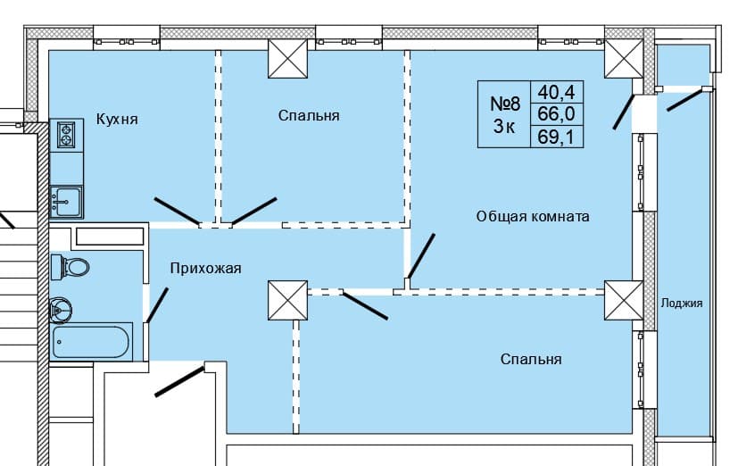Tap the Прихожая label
pos(206,268)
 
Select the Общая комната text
pos(533,216)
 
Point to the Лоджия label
pos(682,303)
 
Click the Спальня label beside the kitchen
pos(309,116)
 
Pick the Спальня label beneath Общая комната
pos(531,359)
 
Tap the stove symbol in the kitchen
pos(66,134)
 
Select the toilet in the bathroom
pos(70,266)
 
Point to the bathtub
pos(92,342)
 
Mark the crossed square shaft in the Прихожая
pos(287,300)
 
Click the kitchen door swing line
pos(177,210)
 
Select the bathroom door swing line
pos(157,304)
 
